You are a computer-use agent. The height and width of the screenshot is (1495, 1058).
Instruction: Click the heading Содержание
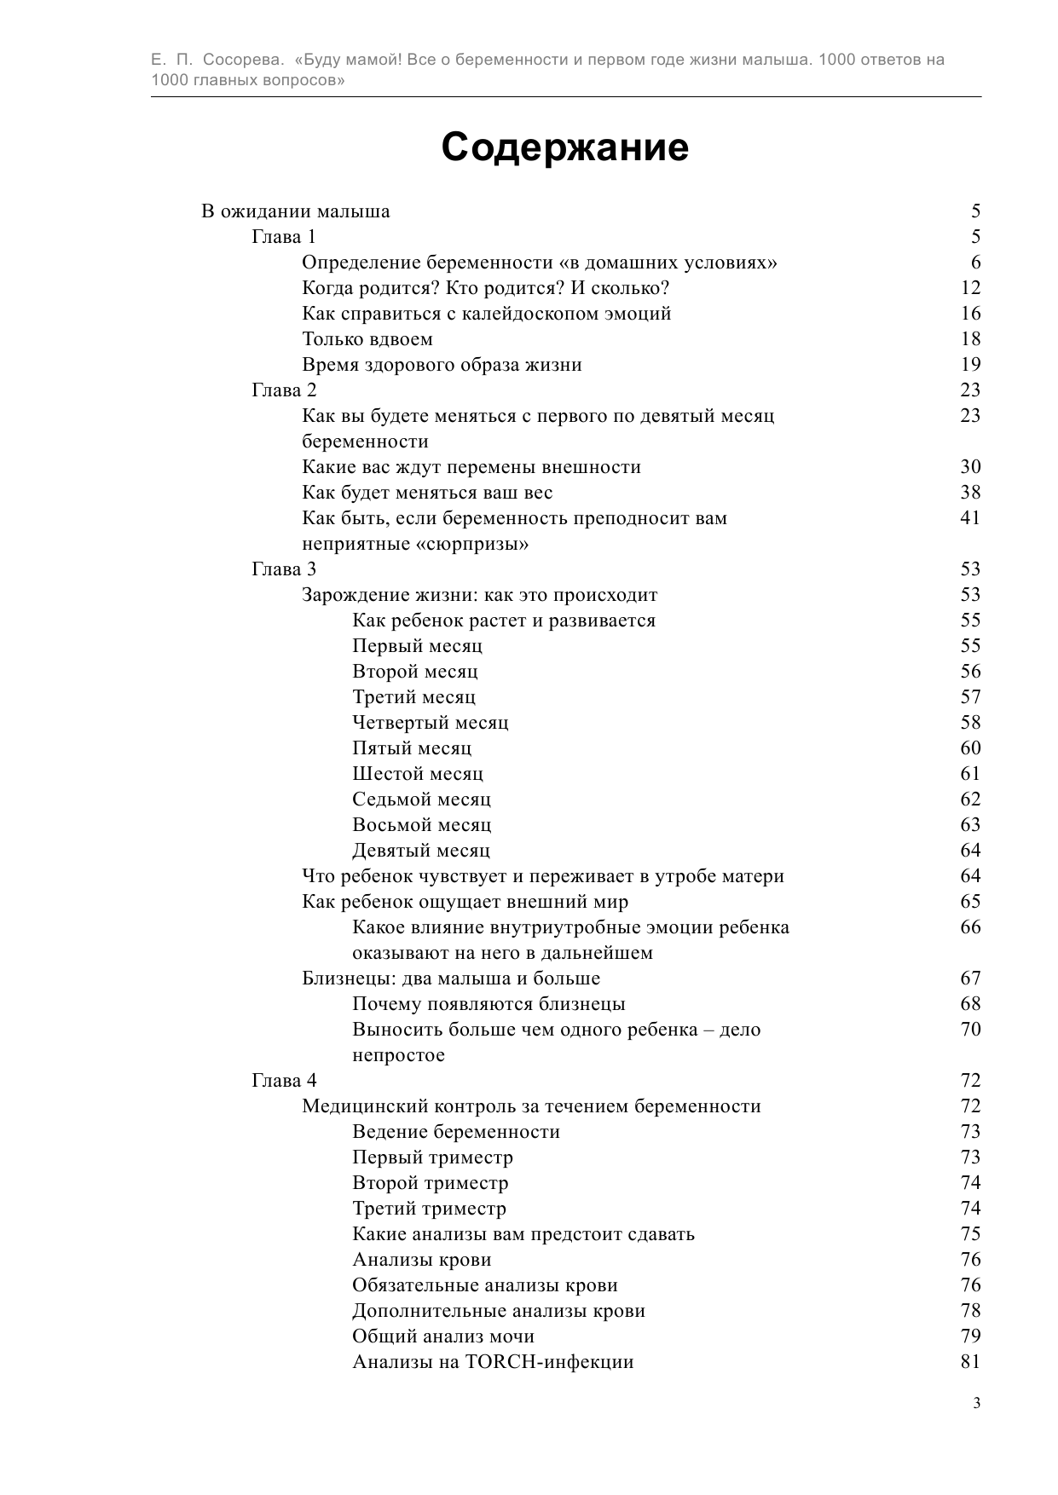(564, 147)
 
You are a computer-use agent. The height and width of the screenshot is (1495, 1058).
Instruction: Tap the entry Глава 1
(284, 237)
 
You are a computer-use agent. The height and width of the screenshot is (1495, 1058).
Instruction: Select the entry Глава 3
(284, 569)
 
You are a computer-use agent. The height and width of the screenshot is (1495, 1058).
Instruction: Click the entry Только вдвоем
(367, 339)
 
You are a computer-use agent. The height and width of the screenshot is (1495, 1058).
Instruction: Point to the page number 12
(970, 288)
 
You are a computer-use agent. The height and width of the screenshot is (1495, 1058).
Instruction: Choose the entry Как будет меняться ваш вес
(427, 493)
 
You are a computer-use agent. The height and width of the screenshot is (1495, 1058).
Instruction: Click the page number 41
(970, 518)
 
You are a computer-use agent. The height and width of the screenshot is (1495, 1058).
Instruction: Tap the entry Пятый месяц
(412, 748)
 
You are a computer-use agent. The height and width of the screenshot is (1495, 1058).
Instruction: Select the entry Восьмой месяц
(422, 825)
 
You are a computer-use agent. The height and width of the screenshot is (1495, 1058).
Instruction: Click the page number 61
(970, 774)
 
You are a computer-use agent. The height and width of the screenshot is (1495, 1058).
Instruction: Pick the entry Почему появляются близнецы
(489, 1004)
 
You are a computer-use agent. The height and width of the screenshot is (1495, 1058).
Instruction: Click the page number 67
(970, 978)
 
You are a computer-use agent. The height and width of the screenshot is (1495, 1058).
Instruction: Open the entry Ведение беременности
(456, 1132)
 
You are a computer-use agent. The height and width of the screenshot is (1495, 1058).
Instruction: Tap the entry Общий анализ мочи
(443, 1336)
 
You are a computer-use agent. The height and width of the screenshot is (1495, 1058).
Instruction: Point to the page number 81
(970, 1362)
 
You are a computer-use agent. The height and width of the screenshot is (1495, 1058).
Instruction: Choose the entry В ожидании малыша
(296, 211)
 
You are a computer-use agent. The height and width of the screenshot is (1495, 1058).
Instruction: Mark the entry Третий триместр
(429, 1209)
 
